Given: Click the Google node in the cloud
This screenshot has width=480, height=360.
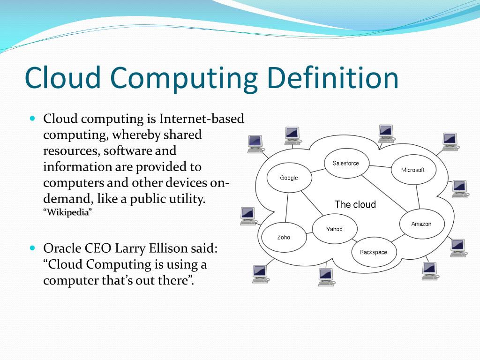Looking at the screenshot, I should (289, 178).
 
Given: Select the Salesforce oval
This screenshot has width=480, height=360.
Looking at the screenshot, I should (346, 163).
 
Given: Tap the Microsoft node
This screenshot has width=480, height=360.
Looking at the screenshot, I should (412, 170).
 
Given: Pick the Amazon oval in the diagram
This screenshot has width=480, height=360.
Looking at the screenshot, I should (421, 224).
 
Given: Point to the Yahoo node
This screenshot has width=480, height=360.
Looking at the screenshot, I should (334, 229).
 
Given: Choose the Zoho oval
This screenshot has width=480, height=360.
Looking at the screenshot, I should (284, 237).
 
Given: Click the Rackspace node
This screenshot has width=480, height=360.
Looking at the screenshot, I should (373, 252).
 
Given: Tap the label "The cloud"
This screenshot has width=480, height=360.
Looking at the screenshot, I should (355, 204).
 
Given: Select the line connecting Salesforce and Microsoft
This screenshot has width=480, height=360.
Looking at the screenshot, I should (380, 166).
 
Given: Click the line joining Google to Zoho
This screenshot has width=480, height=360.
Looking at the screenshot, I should (286, 207).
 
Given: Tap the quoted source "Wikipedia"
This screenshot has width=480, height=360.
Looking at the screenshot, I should (68, 212).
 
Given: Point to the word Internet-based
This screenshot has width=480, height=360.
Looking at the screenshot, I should (202, 119).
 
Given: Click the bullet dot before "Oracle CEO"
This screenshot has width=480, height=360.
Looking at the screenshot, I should (32, 247).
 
